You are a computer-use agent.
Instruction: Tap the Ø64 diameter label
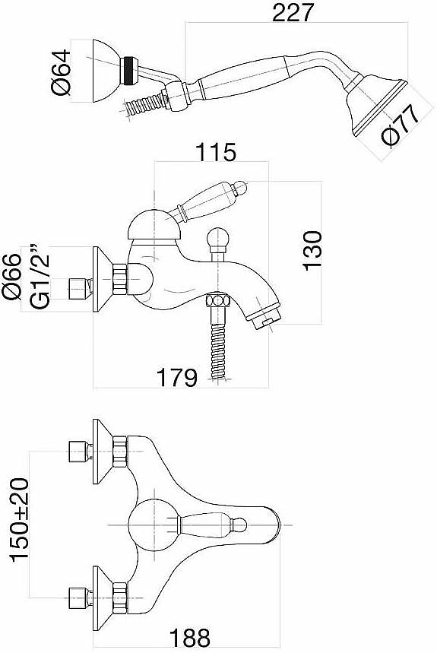pos(60,72)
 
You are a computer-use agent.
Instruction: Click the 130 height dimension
pos(312,251)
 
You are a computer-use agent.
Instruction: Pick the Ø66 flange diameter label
pos(11,276)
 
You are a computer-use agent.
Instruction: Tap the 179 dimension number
pos(176,378)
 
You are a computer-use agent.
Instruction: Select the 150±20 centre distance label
pos(20,520)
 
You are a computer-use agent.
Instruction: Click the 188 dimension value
pos(190,638)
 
